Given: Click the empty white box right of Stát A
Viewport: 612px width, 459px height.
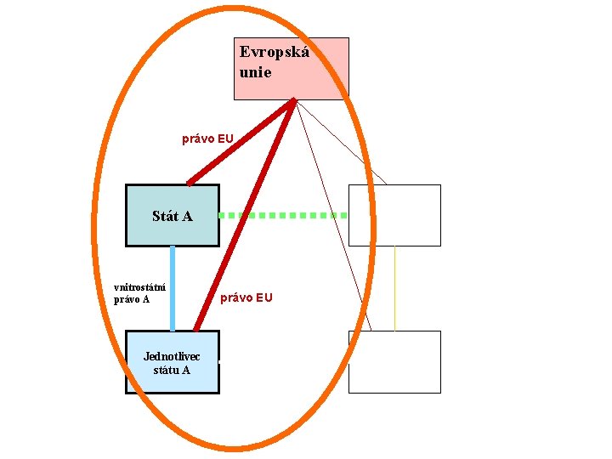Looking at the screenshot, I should (394, 215).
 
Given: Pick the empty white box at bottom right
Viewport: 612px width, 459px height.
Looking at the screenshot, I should (394, 362).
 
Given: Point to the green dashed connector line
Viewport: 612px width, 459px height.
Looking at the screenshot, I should (282, 216).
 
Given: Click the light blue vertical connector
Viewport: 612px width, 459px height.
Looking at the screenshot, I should (173, 288).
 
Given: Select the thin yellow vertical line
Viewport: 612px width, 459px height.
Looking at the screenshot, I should (394, 288).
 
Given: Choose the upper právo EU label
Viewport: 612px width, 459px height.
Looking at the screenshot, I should (207, 138).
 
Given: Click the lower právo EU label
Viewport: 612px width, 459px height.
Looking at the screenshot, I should (246, 297).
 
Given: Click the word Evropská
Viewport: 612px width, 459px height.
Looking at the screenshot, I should (274, 53).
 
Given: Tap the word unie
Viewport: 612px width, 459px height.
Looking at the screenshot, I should (255, 72).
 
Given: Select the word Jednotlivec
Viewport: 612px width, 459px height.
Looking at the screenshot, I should (172, 356).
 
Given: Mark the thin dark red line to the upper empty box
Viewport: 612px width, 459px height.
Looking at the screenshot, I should (340, 141).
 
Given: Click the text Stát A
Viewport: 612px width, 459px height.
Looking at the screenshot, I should (172, 216).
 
